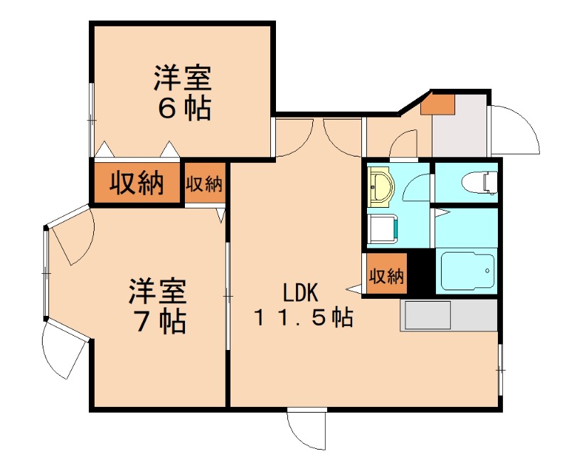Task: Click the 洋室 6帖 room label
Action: click(183, 92)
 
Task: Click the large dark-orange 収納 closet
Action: click(136, 184)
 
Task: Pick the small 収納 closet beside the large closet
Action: click(205, 184)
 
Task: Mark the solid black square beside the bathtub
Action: click(421, 272)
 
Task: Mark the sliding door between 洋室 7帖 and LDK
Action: click(228, 295)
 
